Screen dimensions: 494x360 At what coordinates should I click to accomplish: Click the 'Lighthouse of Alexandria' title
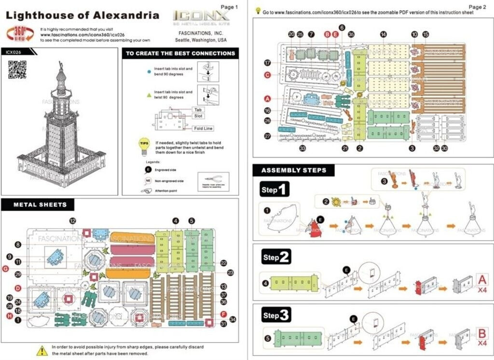click(x=82, y=15)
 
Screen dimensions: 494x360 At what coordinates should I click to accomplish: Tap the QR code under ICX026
click(x=17, y=69)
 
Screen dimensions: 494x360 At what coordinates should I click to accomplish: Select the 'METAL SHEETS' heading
click(x=40, y=205)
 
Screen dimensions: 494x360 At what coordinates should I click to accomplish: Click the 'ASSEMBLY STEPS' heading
click(x=294, y=170)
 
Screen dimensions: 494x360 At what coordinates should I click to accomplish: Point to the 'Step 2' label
click(x=276, y=257)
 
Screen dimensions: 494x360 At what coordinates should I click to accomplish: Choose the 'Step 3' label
click(x=276, y=316)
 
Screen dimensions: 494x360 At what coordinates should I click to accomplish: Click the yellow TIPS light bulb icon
click(x=144, y=146)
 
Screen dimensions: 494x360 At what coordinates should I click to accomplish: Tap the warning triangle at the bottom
click(x=42, y=350)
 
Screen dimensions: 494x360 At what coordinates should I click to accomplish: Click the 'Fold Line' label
click(x=203, y=128)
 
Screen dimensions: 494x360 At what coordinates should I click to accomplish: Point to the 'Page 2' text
click(x=478, y=7)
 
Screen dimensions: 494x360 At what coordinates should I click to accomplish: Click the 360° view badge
click(x=20, y=34)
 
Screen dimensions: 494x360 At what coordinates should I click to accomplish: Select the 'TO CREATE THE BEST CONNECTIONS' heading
click(x=180, y=54)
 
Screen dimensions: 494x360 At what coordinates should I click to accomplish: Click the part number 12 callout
click(x=72, y=221)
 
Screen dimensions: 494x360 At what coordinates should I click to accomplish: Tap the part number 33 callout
click(x=302, y=148)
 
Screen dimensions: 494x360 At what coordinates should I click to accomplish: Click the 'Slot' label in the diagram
click(x=198, y=116)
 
